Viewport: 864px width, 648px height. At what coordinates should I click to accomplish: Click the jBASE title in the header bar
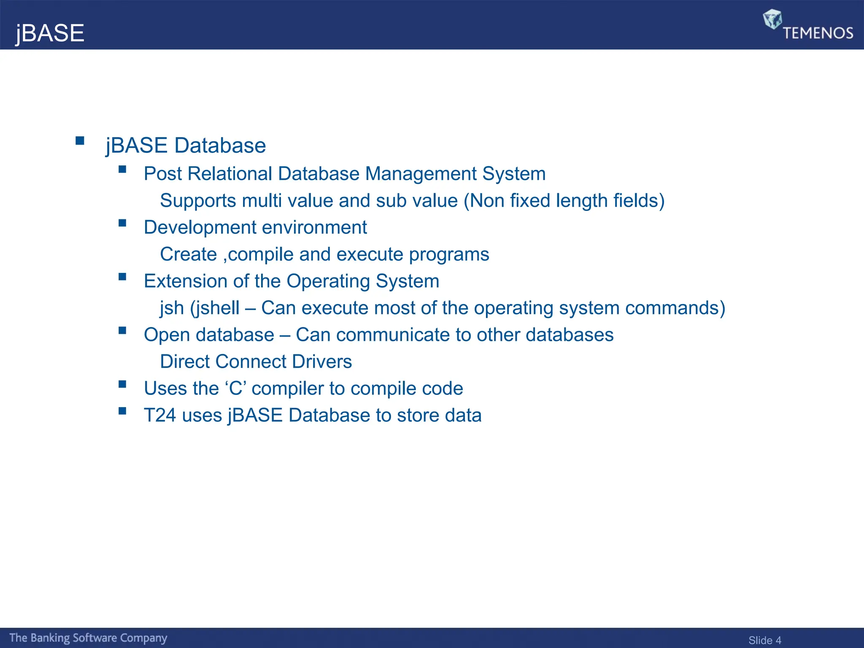50,33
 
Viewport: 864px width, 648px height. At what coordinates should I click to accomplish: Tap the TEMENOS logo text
818,33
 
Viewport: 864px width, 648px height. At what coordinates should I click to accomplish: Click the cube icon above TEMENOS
772,19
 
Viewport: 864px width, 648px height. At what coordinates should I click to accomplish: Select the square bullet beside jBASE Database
80,140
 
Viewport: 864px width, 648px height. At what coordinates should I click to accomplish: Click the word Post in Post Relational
162,174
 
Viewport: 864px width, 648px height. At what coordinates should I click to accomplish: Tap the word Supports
198,201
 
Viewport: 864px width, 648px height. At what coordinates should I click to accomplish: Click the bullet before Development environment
122,223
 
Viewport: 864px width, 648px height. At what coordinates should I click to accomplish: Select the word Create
188,254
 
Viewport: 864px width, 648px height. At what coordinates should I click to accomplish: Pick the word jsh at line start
172,308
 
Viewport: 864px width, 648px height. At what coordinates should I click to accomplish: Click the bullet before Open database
122,330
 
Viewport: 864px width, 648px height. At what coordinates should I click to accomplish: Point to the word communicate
393,335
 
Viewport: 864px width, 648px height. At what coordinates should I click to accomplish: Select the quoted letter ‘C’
235,389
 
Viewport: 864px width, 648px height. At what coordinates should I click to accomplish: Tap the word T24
159,415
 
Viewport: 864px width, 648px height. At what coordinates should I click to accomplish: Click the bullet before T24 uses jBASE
122,411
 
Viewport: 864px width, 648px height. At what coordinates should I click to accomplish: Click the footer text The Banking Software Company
88,638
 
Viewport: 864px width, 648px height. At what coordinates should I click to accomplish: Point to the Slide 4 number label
764,640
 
